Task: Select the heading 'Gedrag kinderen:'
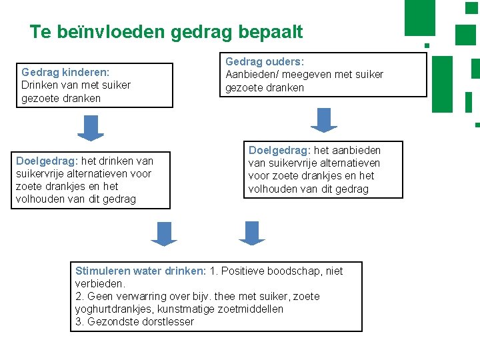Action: pos(65,72)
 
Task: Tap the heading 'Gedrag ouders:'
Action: pos(265,61)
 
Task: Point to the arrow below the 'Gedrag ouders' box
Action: pos(324,120)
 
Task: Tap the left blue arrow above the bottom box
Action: pos(164,233)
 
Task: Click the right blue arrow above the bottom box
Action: pos(252,233)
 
